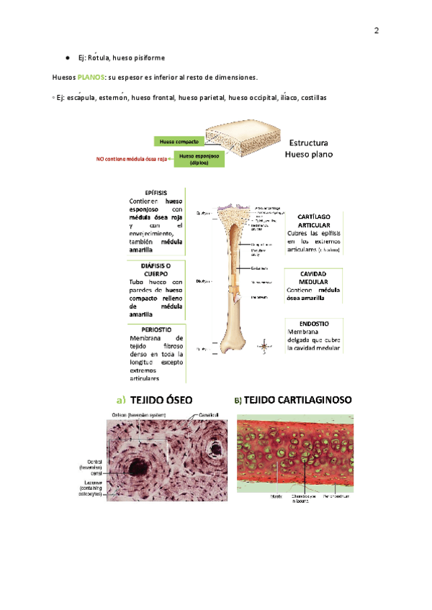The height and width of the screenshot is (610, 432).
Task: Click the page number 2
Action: click(376, 31)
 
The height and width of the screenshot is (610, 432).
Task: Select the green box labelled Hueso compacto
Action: click(179, 142)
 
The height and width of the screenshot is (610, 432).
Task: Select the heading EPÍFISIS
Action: click(156, 194)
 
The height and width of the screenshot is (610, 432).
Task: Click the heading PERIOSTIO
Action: click(156, 329)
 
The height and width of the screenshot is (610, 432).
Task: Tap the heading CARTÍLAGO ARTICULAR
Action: click(314, 220)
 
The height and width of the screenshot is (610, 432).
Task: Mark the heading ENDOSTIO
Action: click(314, 324)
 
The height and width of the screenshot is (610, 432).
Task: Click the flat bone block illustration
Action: click(240, 141)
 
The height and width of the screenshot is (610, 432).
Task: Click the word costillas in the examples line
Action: click(313, 98)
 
